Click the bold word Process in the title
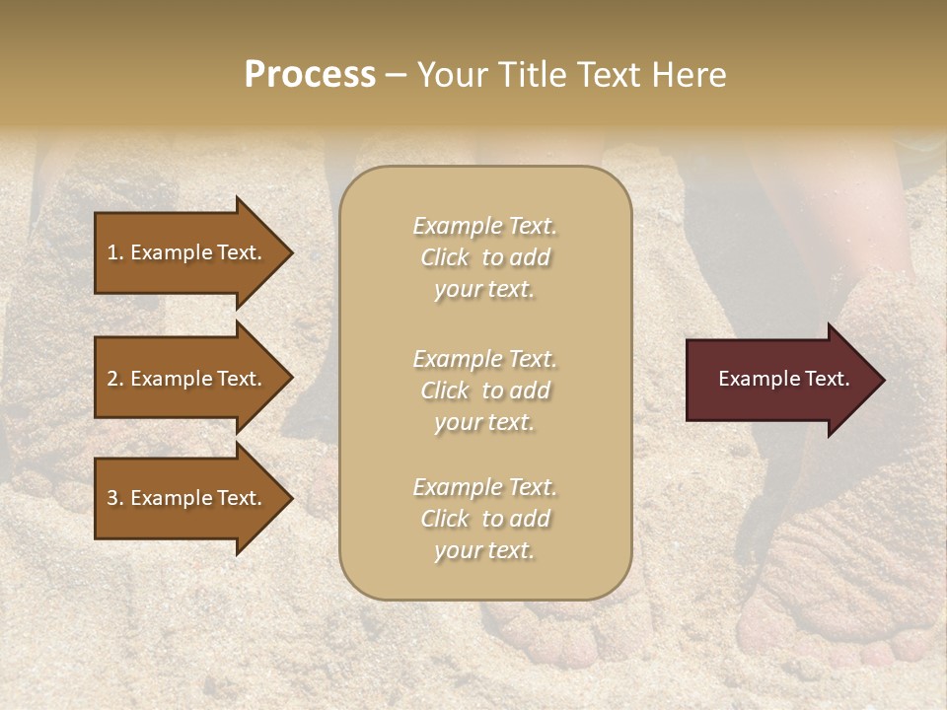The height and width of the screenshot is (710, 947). [310, 75]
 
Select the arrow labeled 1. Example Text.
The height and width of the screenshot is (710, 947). [187, 252]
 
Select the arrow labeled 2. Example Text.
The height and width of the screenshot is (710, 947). [187, 379]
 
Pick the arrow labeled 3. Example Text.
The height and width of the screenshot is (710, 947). [187, 498]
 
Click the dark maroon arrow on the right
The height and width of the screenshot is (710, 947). [779, 380]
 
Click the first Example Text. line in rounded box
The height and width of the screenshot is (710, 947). [484, 226]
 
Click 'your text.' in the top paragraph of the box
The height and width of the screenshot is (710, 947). [484, 290]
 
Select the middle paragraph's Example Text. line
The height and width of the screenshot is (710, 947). [484, 359]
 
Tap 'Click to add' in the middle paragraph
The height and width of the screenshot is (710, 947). [484, 390]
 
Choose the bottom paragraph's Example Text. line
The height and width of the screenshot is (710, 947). [484, 487]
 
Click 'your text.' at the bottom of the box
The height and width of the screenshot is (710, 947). [484, 551]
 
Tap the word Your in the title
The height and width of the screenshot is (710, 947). [448, 75]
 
